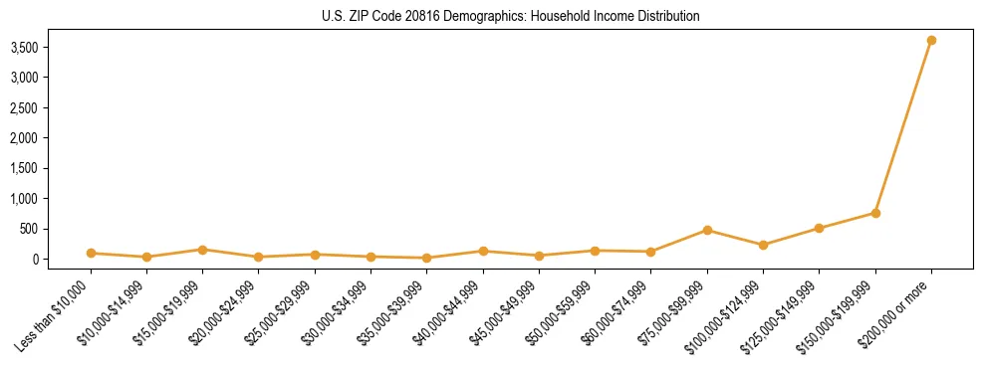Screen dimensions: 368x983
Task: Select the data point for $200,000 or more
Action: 931,41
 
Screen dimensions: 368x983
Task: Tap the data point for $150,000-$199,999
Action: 875,213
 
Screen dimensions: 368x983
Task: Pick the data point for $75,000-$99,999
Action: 707,230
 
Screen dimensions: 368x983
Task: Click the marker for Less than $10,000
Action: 91,253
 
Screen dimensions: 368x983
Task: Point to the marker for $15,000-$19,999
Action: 202,250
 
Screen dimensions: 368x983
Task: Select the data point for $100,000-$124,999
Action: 763,245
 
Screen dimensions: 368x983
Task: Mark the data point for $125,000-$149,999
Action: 819,228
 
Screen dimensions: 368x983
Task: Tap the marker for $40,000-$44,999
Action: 483,251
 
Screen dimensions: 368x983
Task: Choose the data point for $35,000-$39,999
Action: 427,258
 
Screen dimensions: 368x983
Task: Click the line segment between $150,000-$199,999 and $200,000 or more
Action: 903,127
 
